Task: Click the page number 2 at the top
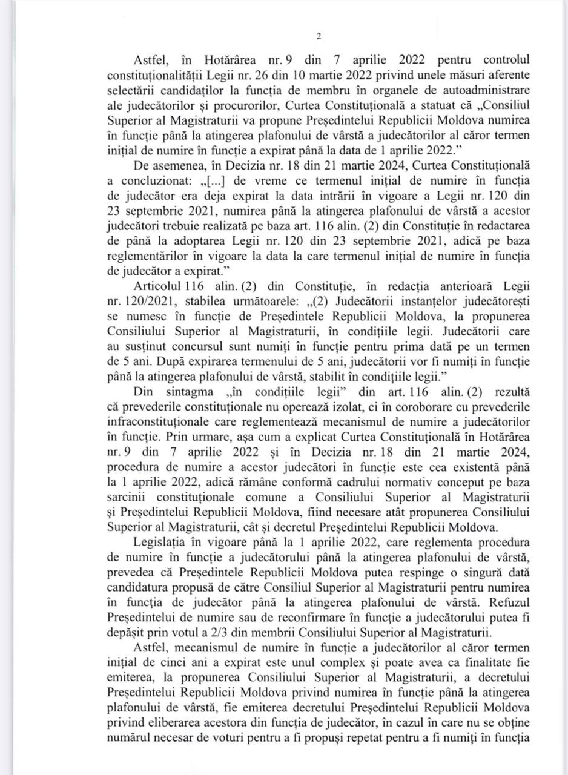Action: (x=319, y=36)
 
